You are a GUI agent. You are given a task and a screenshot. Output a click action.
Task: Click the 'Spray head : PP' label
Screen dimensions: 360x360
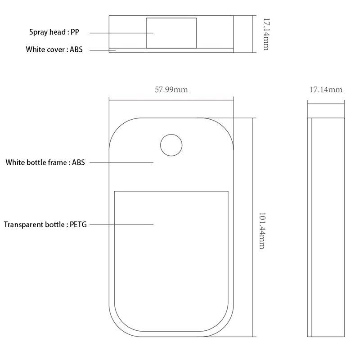point(54,32)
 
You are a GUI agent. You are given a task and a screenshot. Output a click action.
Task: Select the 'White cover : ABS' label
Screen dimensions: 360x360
point(54,49)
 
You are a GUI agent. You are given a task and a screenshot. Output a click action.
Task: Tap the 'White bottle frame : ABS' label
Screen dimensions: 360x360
point(45,162)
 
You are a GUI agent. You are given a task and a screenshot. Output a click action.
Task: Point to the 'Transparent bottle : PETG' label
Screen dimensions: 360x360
point(45,225)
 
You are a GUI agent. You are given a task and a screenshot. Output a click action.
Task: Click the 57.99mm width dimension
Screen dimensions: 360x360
point(171,90)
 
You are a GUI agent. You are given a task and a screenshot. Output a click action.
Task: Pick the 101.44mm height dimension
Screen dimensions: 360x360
point(262,231)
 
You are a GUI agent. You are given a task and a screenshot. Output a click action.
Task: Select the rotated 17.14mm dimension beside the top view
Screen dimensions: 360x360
point(266,34)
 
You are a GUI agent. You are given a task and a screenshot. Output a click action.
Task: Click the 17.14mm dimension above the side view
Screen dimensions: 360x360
point(326,90)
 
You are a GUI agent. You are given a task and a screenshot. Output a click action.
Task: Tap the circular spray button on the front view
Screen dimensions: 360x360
point(171,145)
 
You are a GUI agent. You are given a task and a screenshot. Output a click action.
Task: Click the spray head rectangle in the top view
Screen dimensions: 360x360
point(171,33)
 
